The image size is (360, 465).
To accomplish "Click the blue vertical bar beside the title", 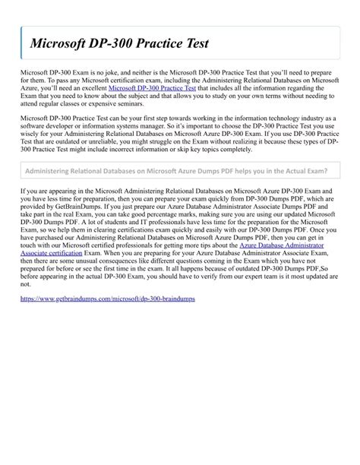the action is click(x=21, y=46).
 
